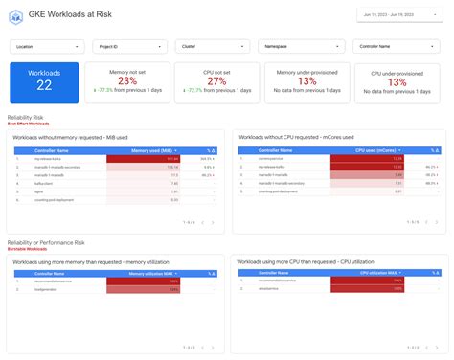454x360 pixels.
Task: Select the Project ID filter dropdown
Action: [x=133, y=46]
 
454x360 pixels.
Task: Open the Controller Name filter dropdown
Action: [x=391, y=46]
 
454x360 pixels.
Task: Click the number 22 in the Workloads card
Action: [x=44, y=86]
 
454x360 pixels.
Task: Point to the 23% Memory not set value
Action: [x=127, y=80]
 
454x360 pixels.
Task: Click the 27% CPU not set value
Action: [x=216, y=80]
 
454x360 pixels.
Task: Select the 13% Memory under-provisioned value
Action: [x=305, y=82]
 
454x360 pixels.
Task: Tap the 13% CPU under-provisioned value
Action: [x=396, y=82]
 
